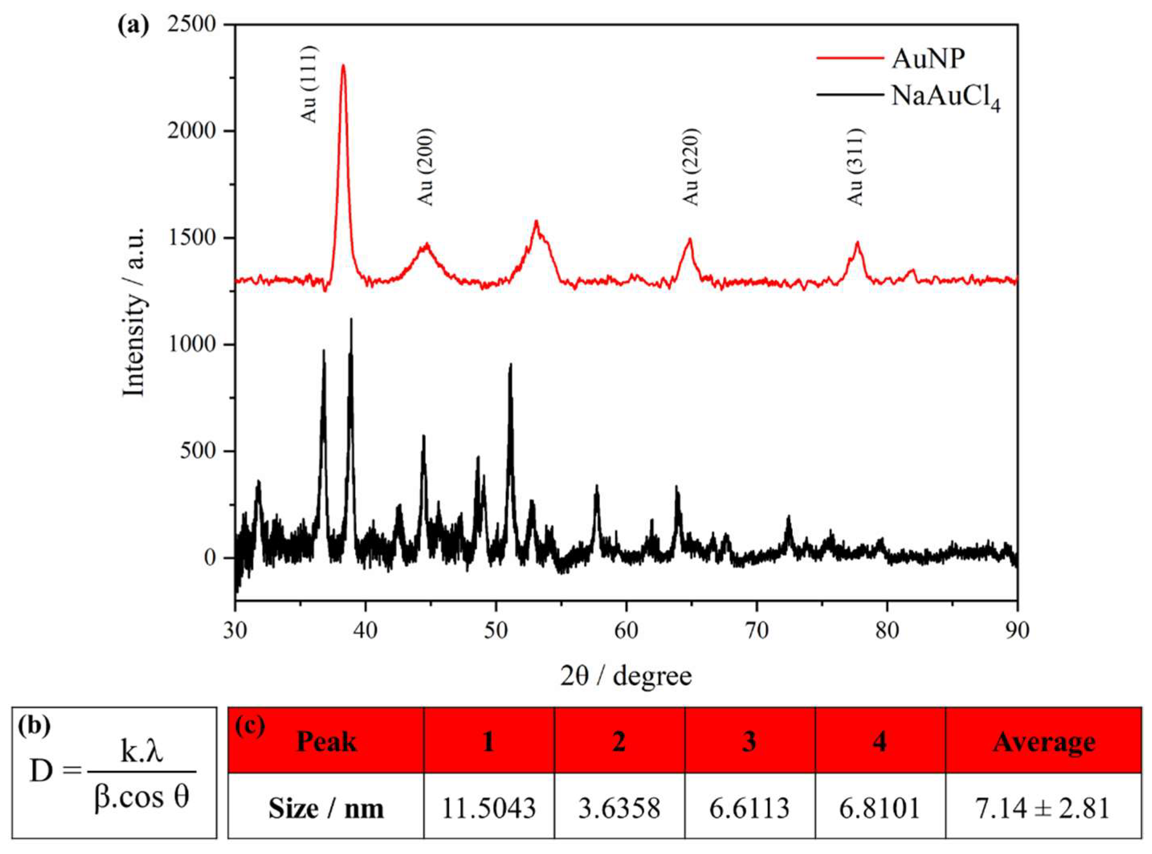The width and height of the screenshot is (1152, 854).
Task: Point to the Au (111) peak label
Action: click(x=309, y=84)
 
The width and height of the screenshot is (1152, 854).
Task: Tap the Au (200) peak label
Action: click(x=425, y=167)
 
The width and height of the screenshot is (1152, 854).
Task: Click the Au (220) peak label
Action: click(x=691, y=167)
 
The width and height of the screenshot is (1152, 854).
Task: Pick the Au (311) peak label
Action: click(x=856, y=167)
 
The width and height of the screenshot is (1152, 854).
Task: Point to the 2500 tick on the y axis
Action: click(x=191, y=25)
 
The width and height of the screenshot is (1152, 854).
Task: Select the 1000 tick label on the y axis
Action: click(x=191, y=344)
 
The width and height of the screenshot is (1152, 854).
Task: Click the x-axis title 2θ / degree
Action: click(x=626, y=676)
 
